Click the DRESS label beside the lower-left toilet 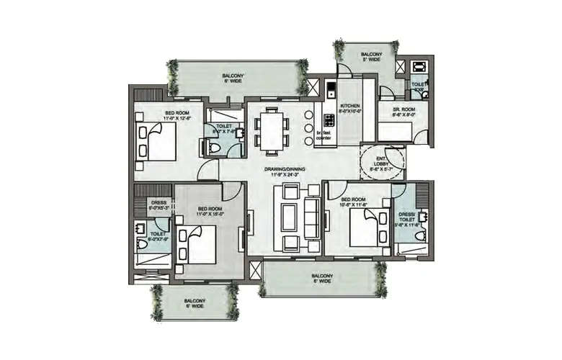coord(158,202)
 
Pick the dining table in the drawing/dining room coord(272,131)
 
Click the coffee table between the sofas coord(290,217)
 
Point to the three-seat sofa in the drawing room coord(312,217)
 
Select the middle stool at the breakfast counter coord(308,129)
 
